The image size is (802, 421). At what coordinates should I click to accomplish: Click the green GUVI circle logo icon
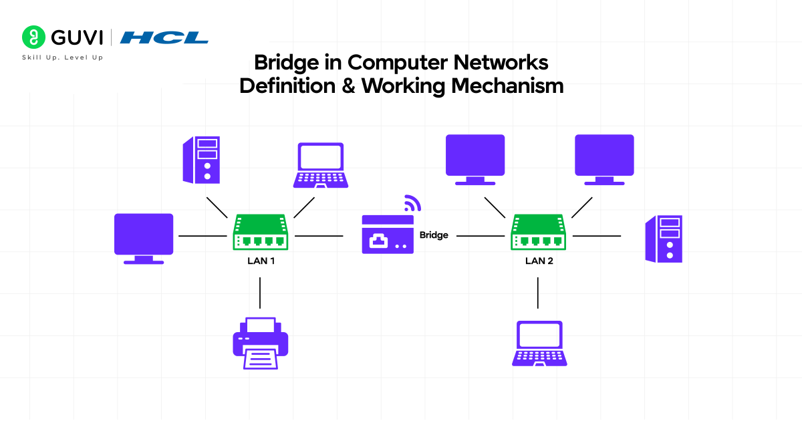point(32,37)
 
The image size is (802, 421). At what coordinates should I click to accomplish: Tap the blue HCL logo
point(164,37)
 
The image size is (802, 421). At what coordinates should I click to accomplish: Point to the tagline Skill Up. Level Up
point(62,58)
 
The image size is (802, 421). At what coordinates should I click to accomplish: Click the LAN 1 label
point(261,261)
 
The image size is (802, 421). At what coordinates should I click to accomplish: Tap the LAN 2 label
point(539,261)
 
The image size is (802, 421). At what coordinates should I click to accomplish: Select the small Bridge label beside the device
point(434,235)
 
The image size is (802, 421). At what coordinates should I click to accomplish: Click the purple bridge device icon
point(388,234)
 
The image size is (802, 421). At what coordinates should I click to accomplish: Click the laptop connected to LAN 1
point(321,165)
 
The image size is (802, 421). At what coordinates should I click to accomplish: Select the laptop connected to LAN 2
point(539,343)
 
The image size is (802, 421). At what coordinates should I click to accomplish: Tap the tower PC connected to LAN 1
point(202,159)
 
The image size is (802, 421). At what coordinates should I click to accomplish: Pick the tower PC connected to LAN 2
point(664,239)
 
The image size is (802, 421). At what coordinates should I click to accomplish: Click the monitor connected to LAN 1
point(144,238)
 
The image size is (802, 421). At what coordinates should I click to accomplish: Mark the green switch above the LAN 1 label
point(261,233)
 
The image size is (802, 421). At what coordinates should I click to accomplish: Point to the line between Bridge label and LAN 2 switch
point(480,236)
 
